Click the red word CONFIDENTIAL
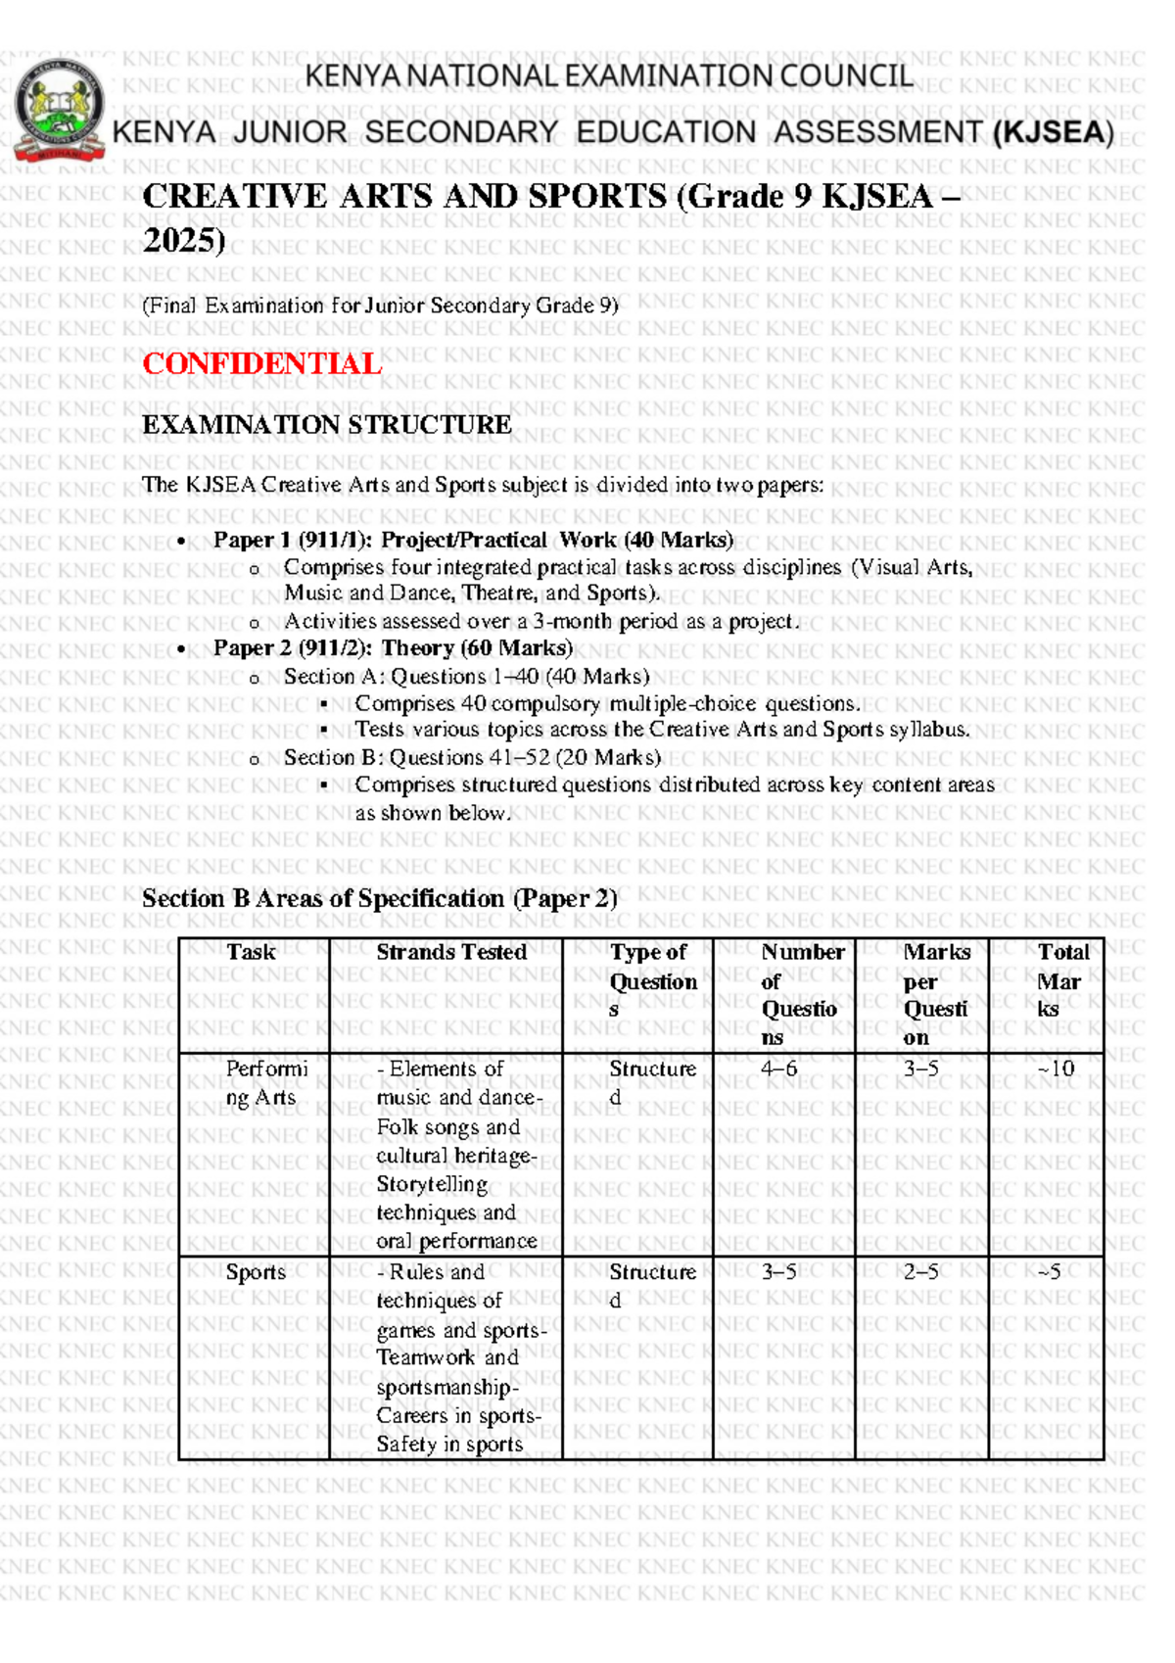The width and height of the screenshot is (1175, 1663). (261, 363)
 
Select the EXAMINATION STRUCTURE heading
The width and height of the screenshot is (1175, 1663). (326, 424)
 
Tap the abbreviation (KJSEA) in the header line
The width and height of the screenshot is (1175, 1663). (1053, 132)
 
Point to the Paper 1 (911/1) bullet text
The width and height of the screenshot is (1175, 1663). (473, 540)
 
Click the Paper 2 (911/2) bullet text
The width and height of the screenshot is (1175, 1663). (393, 647)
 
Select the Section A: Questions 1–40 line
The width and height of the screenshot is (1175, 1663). (466, 676)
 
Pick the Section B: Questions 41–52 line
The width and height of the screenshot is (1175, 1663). (472, 757)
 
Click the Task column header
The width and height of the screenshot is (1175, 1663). (251, 952)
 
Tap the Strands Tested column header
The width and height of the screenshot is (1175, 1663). (451, 952)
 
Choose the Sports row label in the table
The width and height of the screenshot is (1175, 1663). (256, 1272)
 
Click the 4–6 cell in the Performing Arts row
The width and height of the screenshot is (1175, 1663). (778, 1069)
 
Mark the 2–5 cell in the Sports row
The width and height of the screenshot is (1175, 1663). (920, 1272)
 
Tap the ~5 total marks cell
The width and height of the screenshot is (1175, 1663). (1049, 1272)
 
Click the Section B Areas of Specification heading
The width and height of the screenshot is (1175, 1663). (379, 898)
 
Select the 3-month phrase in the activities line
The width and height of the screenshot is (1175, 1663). (571, 621)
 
